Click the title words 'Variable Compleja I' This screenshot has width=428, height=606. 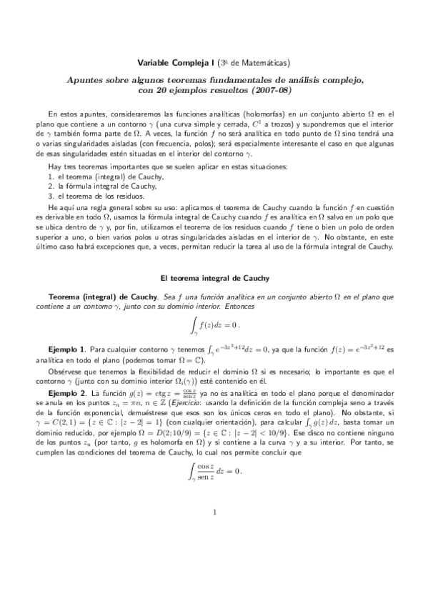tap(170, 63)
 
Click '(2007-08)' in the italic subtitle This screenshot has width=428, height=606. tap(269, 91)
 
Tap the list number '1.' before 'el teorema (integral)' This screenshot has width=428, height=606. tap(51, 175)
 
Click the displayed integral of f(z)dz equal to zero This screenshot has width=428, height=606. tap(214, 327)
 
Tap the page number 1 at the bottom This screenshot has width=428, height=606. tap(214, 512)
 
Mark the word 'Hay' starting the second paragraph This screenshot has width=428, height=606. tap(54, 166)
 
